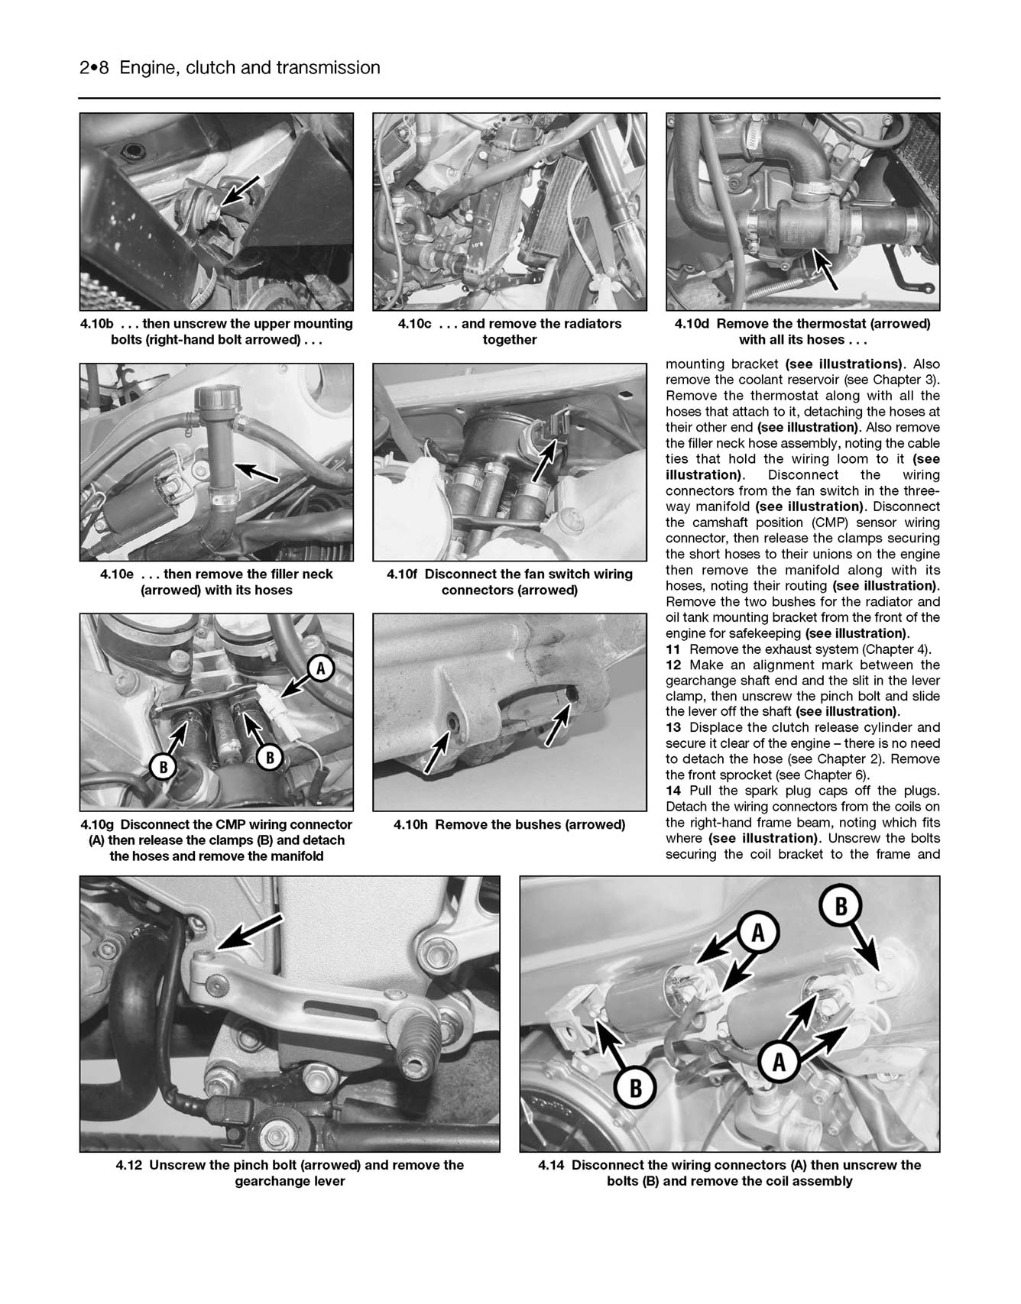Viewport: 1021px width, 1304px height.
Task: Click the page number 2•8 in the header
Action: [96, 68]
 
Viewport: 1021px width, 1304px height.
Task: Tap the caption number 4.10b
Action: [99, 324]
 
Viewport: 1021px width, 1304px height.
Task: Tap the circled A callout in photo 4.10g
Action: [321, 669]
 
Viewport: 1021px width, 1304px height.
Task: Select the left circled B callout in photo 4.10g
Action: [163, 766]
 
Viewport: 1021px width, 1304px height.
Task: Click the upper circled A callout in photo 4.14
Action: [757, 933]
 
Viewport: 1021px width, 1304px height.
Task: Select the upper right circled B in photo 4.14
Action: [841, 907]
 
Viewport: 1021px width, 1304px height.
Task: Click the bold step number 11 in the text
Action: [673, 649]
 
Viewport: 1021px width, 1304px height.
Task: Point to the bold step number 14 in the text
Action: [673, 791]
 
